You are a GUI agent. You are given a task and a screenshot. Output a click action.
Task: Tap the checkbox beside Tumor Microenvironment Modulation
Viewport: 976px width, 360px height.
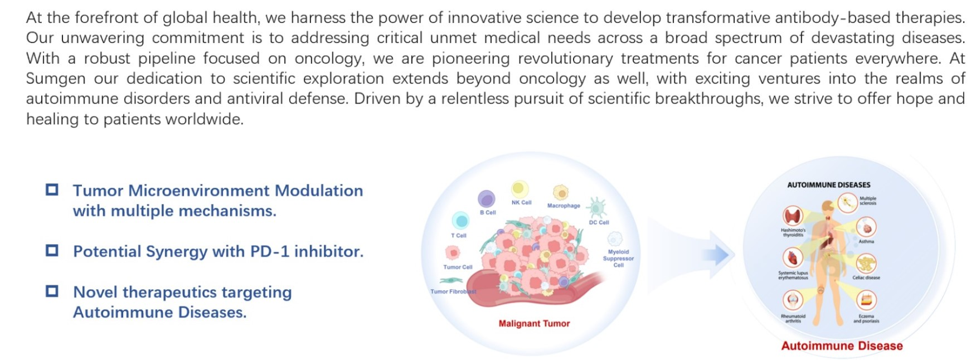click(52, 189)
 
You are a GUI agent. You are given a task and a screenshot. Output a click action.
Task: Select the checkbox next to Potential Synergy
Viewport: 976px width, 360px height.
click(52, 250)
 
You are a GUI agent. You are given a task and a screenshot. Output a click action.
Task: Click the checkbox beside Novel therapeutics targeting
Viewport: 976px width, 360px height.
click(52, 291)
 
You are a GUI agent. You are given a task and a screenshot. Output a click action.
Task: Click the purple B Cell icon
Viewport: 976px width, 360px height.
click(487, 198)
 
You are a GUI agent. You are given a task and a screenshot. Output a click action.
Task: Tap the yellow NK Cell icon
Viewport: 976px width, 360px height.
click(519, 188)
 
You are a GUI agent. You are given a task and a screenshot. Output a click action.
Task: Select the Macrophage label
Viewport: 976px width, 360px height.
click(564, 206)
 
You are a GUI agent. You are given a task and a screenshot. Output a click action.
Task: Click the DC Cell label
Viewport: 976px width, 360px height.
click(599, 222)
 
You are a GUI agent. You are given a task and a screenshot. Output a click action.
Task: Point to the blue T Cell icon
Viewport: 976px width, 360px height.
click(460, 221)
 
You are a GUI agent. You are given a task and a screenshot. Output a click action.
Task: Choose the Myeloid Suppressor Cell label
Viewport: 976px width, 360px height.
click(618, 259)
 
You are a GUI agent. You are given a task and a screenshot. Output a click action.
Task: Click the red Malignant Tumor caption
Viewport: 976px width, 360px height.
click(534, 323)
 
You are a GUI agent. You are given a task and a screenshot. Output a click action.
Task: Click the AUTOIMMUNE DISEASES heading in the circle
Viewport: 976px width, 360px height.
click(828, 185)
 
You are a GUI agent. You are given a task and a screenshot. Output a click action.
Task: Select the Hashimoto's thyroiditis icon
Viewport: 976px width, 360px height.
click(793, 216)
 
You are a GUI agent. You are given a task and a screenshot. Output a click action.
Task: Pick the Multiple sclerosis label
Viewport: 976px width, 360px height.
click(868, 201)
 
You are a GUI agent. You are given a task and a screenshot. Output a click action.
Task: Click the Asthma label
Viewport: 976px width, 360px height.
click(866, 241)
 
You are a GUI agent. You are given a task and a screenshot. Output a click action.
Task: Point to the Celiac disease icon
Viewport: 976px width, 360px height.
click(866, 262)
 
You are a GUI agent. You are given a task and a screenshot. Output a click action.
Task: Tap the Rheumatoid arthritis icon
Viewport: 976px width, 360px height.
click(793, 300)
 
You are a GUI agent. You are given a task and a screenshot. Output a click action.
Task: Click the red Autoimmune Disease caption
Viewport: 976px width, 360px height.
click(842, 346)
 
